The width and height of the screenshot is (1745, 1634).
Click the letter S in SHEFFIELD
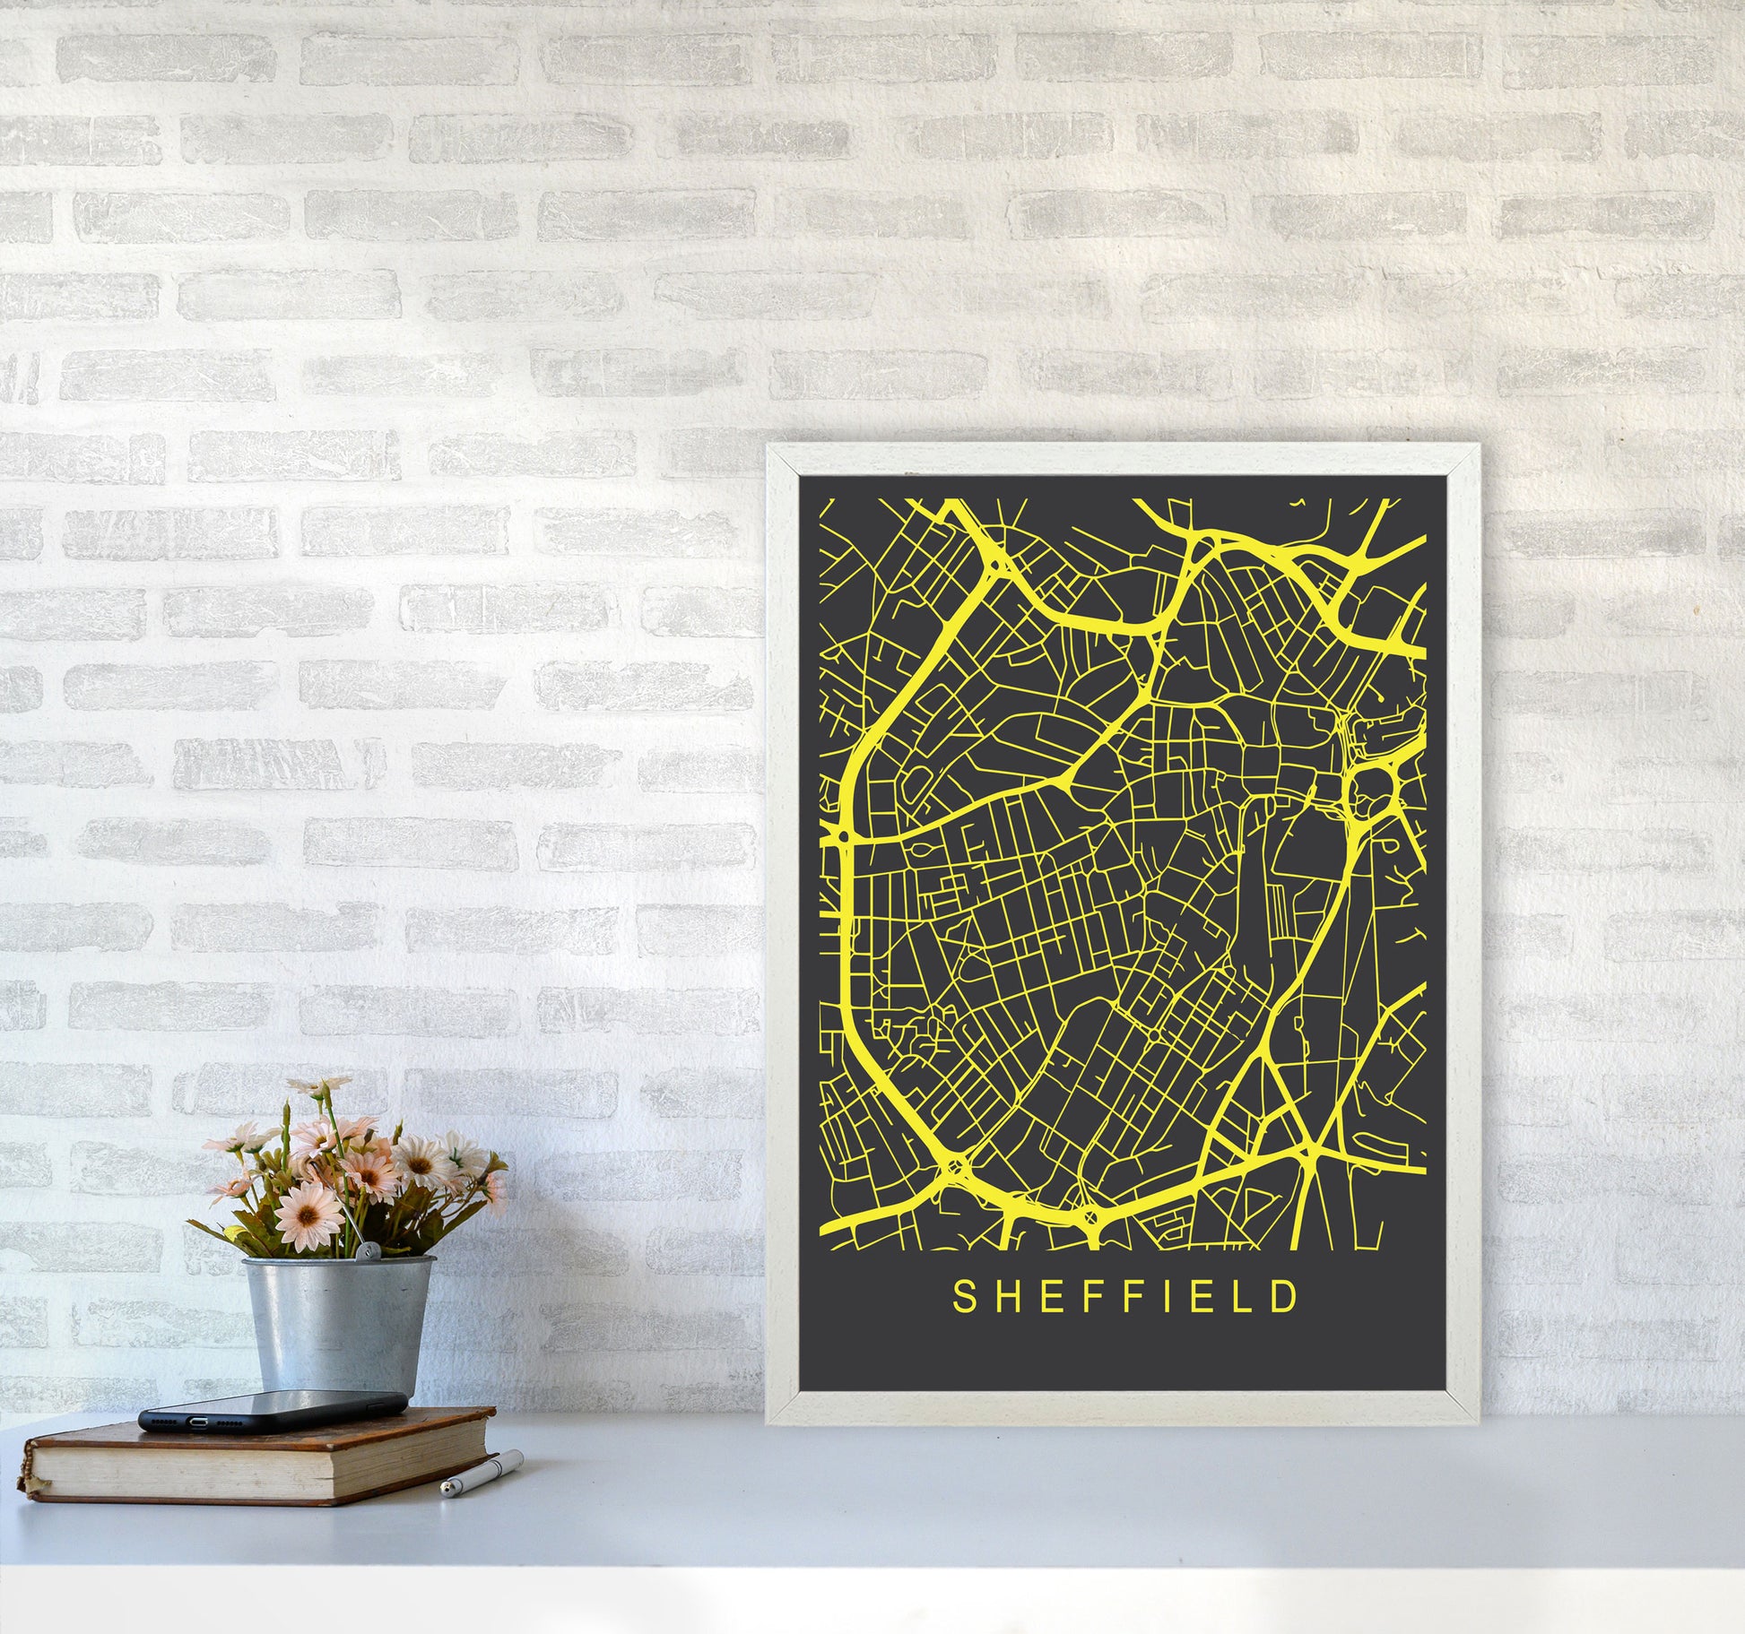pyautogui.click(x=964, y=1321)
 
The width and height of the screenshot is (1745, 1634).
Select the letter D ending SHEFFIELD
pyautogui.click(x=1287, y=1321)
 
